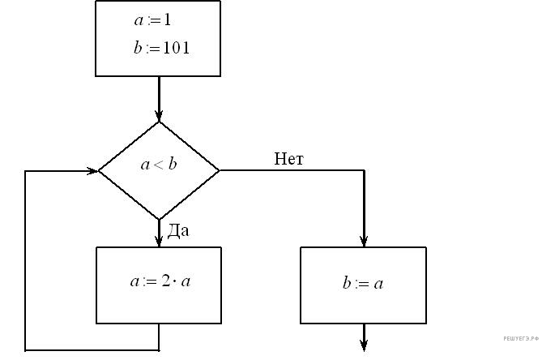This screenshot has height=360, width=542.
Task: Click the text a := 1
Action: coord(152,18)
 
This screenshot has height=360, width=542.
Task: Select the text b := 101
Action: coord(162,48)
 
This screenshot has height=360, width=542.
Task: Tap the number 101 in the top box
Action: coord(176,48)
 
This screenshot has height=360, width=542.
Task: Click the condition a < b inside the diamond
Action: coord(159,165)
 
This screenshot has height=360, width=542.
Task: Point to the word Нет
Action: coord(288,159)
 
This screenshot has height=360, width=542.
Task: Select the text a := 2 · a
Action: coord(160,282)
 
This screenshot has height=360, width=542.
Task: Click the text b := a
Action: coord(362,284)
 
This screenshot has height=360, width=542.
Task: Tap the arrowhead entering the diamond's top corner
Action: coord(159,115)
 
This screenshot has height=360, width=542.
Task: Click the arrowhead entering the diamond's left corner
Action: coord(92,171)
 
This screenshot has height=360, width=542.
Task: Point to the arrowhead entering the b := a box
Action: coord(364,241)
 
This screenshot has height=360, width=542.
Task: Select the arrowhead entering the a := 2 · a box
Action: coord(159,241)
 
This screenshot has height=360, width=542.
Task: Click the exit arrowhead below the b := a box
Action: coord(364,347)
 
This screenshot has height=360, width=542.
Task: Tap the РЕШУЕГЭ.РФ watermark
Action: coord(520,336)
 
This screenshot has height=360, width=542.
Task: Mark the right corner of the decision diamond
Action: coord(220,171)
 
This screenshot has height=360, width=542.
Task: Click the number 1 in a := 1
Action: coord(166,18)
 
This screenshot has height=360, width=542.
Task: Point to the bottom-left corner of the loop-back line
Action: coord(26,350)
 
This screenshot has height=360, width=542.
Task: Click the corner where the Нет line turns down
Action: coord(364,171)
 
